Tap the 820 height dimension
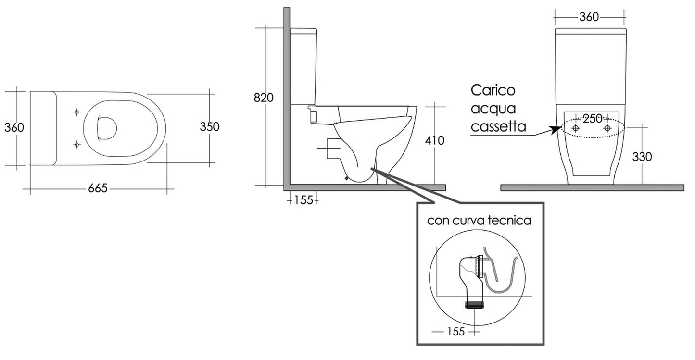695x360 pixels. (x=264, y=98)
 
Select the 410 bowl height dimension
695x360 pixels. (x=435, y=141)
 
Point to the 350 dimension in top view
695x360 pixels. (x=209, y=127)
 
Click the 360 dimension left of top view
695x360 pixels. (x=14, y=127)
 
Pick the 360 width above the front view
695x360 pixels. (x=589, y=17)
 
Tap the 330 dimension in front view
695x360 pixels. (x=643, y=157)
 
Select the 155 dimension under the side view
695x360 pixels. (x=303, y=200)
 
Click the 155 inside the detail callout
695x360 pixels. (x=455, y=332)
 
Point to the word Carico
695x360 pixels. (x=493, y=90)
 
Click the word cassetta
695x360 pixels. (x=498, y=127)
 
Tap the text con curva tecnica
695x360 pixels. (x=479, y=221)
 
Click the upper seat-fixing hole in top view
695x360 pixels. (x=76, y=112)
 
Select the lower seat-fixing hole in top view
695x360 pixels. (x=76, y=143)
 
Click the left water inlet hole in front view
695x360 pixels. (x=576, y=128)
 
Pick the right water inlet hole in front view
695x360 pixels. (x=607, y=128)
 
